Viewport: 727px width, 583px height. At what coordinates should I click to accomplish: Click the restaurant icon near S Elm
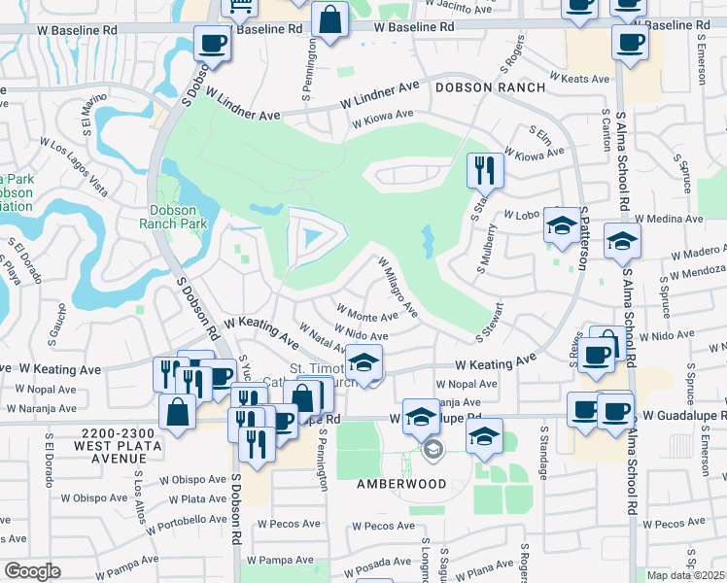483,170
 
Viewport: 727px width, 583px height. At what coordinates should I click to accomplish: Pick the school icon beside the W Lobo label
560,224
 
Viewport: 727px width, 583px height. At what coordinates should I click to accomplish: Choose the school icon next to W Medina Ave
621,240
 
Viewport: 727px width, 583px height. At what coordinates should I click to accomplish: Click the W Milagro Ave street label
398,288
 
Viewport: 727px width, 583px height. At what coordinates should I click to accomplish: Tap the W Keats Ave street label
578,77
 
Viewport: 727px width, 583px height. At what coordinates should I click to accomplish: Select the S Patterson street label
584,237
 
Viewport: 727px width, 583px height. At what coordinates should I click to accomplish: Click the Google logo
31,571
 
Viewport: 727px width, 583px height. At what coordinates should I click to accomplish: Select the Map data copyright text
686,575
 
